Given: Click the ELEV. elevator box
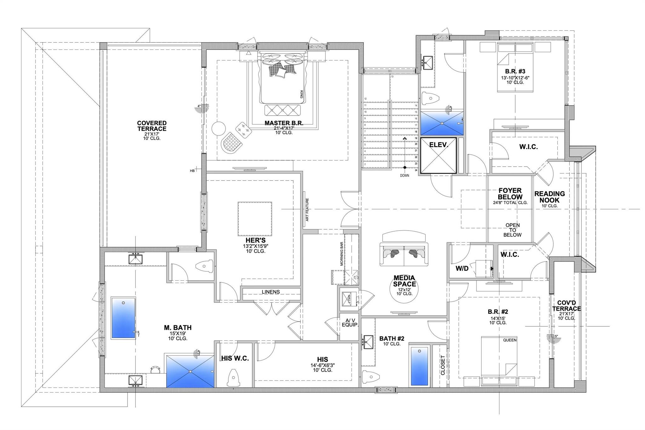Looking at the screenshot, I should click(x=438, y=155).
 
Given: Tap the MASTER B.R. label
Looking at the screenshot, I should click(x=284, y=123).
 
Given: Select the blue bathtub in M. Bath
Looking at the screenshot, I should click(x=123, y=318).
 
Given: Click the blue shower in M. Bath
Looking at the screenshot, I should click(x=190, y=371).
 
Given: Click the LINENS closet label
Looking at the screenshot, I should click(x=271, y=292).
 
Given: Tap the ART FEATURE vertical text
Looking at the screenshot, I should click(x=307, y=209).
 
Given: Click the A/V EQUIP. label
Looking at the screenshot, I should click(x=350, y=322).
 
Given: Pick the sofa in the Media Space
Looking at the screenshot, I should click(x=404, y=253).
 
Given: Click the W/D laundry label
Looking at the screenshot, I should click(x=462, y=269).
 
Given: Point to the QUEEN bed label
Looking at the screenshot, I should click(x=510, y=340).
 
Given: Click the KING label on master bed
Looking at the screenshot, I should click(x=301, y=95).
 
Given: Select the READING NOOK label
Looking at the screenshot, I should click(x=550, y=197).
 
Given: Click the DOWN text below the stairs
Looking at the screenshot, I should click(x=405, y=175).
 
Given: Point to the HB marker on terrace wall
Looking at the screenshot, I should click(x=192, y=170).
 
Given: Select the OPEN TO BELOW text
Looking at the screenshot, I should click(x=512, y=230).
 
